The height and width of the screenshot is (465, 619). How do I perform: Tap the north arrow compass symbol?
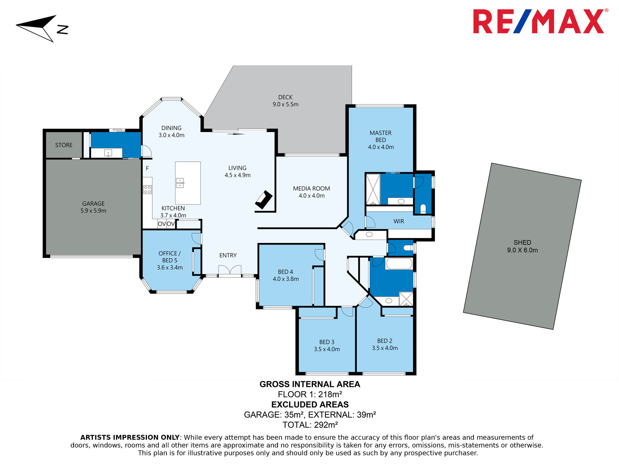(x=42, y=28)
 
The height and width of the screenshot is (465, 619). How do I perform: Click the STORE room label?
(x=64, y=145)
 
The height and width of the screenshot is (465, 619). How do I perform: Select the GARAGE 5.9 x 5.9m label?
(x=93, y=207)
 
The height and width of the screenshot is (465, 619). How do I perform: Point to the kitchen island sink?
(x=180, y=183)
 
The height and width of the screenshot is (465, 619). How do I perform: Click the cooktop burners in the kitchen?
(x=147, y=189)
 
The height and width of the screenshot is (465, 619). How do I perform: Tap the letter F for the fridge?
(x=147, y=168)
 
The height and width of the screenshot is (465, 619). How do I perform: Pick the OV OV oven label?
(x=167, y=224)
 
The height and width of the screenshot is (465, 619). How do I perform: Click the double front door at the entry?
(x=230, y=270)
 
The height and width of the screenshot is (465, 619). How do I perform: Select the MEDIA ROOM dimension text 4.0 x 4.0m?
(x=312, y=196)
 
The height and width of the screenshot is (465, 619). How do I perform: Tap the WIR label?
(x=399, y=221)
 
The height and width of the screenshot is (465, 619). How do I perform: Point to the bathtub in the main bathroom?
(x=399, y=263)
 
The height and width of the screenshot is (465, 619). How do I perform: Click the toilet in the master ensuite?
(x=423, y=208)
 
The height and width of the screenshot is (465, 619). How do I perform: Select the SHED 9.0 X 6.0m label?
(x=522, y=246)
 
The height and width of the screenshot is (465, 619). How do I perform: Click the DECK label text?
(x=285, y=97)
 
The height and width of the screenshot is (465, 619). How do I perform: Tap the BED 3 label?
(x=327, y=342)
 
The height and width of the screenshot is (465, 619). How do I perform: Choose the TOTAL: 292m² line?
(x=310, y=425)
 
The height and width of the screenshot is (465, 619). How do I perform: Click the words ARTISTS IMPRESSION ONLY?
(x=130, y=437)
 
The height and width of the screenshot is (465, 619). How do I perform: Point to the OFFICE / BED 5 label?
(x=170, y=257)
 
